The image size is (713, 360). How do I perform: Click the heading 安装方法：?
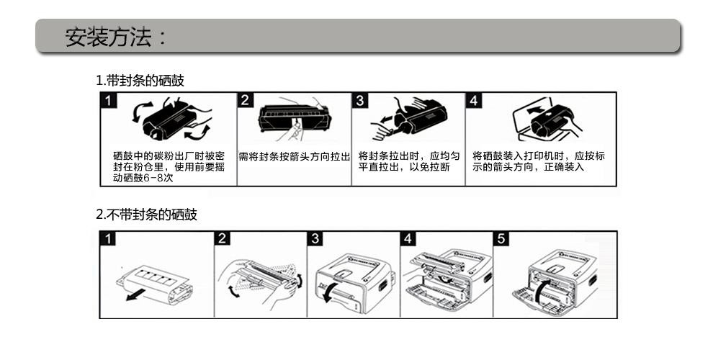tap(117, 37)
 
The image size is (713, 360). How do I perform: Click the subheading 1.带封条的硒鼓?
tap(140, 81)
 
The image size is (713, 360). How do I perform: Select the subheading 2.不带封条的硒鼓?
tap(146, 214)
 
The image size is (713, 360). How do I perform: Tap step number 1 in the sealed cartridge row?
tap(108, 100)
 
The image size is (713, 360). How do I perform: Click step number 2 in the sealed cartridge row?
tap(245, 100)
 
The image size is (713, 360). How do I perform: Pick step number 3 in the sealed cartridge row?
tap(359, 100)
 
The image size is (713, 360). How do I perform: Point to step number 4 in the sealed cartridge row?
tap(473, 100)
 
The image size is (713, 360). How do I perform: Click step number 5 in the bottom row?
tap(501, 238)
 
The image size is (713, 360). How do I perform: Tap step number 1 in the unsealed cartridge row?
tap(108, 238)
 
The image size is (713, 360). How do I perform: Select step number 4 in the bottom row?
tap(408, 238)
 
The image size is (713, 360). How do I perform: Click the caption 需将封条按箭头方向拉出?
tap(295, 157)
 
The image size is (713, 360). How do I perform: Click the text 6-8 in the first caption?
tap(153, 178)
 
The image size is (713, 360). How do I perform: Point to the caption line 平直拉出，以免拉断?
tap(404, 167)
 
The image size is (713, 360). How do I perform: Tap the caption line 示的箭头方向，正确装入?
tap(528, 167)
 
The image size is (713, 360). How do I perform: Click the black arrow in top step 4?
tap(537, 110)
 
